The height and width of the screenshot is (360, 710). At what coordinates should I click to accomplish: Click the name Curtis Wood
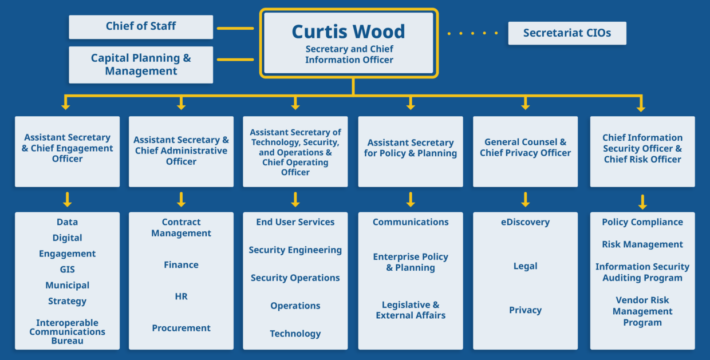(x=348, y=31)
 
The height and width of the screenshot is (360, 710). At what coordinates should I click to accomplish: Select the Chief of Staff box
(x=141, y=27)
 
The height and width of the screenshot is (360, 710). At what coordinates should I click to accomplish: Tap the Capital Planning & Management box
(x=141, y=65)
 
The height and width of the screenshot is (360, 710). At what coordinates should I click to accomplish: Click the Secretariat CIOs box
(x=567, y=33)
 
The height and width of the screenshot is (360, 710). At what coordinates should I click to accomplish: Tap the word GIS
(x=68, y=270)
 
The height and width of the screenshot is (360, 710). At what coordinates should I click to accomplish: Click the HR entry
(x=181, y=296)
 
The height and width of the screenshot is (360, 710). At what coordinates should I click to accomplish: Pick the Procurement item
(x=181, y=328)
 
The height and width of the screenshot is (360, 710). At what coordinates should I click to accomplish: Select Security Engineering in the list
(x=295, y=250)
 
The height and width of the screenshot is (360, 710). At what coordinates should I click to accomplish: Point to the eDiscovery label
(x=525, y=222)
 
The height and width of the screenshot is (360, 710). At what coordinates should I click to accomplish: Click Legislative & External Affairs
(x=411, y=310)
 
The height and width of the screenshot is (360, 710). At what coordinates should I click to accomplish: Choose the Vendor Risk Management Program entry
(x=642, y=311)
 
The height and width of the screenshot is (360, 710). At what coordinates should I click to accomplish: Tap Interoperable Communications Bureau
(x=68, y=332)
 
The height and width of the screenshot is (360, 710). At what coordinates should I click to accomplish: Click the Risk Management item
(x=642, y=244)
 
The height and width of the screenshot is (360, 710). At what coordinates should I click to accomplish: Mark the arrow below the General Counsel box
(x=525, y=200)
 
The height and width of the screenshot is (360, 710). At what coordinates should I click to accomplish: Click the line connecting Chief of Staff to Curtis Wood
(x=235, y=28)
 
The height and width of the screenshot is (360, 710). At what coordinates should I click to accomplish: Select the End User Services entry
(x=295, y=222)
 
